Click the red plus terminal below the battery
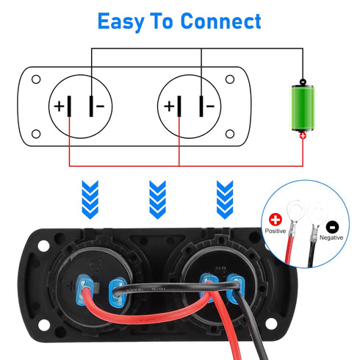click(303, 136)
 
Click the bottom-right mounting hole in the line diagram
click(230, 134)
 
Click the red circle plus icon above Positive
click(276, 219)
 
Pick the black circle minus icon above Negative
click(331, 226)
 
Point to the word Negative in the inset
click(332, 238)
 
